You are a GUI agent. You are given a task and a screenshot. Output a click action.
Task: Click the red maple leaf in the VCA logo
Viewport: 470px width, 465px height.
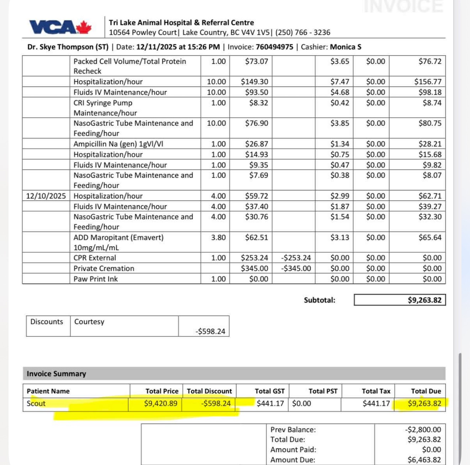click(x=84, y=27)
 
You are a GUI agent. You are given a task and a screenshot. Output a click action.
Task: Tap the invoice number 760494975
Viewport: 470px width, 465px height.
click(x=275, y=47)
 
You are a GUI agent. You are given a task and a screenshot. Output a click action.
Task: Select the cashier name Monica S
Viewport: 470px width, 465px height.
click(x=345, y=47)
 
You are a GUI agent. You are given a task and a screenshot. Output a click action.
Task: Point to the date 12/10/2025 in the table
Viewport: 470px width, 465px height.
click(x=46, y=196)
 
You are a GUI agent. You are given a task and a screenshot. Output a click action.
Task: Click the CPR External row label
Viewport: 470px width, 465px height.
click(x=95, y=258)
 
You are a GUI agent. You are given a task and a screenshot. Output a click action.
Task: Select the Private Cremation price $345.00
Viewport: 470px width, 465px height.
click(x=254, y=268)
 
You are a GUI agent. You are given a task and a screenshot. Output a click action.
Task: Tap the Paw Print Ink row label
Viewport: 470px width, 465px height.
click(x=95, y=279)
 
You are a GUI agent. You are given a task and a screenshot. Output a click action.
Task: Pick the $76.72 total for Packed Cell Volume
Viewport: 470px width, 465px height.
click(x=430, y=61)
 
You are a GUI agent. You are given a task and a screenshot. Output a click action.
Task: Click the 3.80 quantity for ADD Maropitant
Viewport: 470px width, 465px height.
click(x=218, y=237)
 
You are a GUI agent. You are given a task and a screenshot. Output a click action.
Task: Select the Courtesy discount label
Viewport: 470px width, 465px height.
click(x=89, y=322)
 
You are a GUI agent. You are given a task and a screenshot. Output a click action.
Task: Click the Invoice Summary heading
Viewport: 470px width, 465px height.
click(x=56, y=374)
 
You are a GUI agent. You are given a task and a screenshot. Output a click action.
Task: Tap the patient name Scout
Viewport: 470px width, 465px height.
click(x=36, y=403)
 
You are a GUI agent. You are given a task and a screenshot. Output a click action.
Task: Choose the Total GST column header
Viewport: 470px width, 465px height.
click(x=270, y=391)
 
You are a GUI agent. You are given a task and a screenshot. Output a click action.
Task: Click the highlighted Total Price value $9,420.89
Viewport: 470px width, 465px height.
click(x=161, y=403)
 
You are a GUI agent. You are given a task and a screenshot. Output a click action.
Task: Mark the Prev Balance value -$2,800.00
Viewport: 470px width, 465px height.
click(x=423, y=430)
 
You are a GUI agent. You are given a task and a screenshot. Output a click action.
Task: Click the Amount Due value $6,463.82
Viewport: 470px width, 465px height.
click(x=424, y=460)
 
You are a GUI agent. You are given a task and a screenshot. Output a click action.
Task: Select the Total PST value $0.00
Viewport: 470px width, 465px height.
click(x=301, y=403)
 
